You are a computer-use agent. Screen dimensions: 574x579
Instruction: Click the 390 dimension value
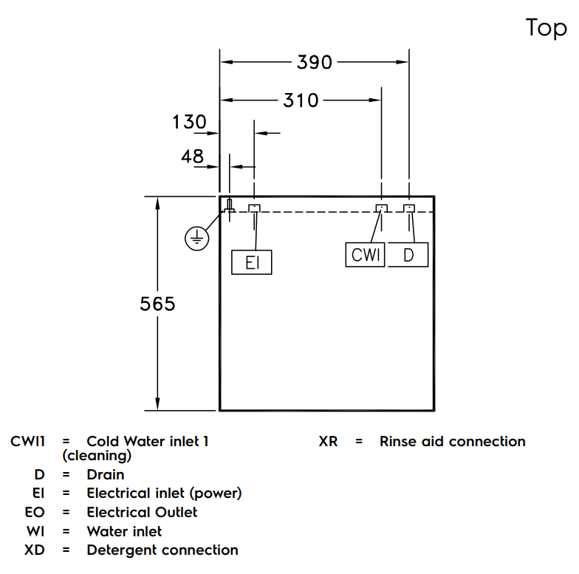pyautogui.click(x=315, y=62)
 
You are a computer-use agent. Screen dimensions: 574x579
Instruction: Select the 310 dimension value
pyautogui.click(x=301, y=100)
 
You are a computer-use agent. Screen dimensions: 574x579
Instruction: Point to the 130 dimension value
pyautogui.click(x=190, y=122)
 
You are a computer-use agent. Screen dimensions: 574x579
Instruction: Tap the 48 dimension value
pyautogui.click(x=193, y=156)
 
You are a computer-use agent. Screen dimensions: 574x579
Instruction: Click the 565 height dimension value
pyautogui.click(x=158, y=304)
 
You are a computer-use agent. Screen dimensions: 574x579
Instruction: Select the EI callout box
pyautogui.click(x=252, y=263)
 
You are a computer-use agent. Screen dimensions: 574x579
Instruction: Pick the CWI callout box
pyautogui.click(x=365, y=255)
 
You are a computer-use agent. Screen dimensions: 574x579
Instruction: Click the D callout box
pyautogui.click(x=408, y=255)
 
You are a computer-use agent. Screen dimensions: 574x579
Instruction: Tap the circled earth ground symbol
pyautogui.click(x=195, y=239)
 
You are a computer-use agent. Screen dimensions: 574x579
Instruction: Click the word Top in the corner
pyautogui.click(x=547, y=28)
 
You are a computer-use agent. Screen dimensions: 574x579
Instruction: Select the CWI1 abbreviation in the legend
pyautogui.click(x=28, y=441)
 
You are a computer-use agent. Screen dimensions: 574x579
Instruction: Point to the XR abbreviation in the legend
pyautogui.click(x=328, y=441)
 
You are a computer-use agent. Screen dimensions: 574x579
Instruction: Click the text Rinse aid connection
pyautogui.click(x=452, y=441)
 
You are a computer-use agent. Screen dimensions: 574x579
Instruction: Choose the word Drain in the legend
pyautogui.click(x=106, y=474)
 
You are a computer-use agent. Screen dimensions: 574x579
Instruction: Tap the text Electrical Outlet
pyautogui.click(x=142, y=511)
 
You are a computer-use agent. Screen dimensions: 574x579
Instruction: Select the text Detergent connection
pyautogui.click(x=162, y=550)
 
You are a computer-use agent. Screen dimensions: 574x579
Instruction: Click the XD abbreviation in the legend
pyautogui.click(x=35, y=550)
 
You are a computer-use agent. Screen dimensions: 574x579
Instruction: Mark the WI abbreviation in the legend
pyautogui.click(x=35, y=530)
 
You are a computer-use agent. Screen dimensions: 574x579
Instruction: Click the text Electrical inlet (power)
pyautogui.click(x=164, y=493)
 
